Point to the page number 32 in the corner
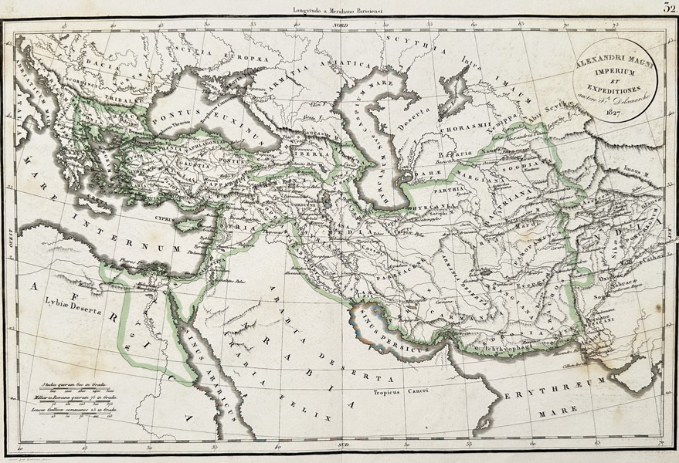coord(669,8)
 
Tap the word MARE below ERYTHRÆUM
coord(552,413)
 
